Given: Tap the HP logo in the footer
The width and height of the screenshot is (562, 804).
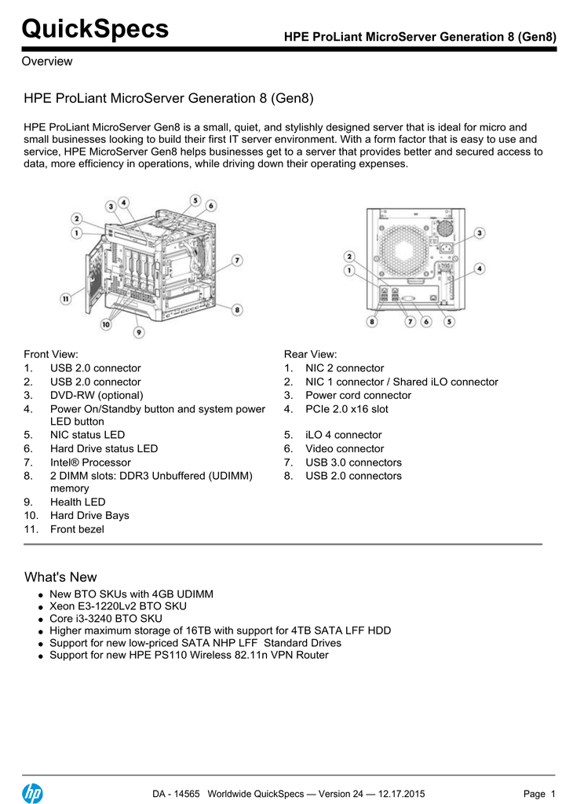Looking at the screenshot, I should (32, 794).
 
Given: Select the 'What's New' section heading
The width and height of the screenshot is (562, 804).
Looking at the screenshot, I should (60, 577).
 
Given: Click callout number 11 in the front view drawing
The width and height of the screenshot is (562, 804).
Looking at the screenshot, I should (67, 298).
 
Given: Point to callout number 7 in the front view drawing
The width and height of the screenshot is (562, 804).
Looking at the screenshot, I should (236, 260).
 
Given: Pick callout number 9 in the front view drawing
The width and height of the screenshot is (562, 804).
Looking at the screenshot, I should (139, 332).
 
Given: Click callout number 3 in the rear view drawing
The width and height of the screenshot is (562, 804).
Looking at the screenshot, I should (479, 232).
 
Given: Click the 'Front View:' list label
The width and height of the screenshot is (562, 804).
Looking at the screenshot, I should (51, 354).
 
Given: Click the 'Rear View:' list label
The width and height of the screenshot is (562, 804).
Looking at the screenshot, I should (310, 354).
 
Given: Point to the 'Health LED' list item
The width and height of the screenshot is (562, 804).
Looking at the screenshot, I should (78, 502).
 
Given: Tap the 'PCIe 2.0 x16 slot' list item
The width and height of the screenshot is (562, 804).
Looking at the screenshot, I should (346, 409).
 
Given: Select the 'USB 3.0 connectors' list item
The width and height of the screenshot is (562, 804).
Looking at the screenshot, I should (353, 462).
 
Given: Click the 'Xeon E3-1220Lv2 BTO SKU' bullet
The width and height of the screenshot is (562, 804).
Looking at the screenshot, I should (118, 606).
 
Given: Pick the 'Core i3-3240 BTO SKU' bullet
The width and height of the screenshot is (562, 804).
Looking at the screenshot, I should (106, 619).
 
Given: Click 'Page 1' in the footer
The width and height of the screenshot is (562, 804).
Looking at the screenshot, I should (538, 795).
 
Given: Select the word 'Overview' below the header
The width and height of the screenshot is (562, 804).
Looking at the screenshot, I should (47, 61).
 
